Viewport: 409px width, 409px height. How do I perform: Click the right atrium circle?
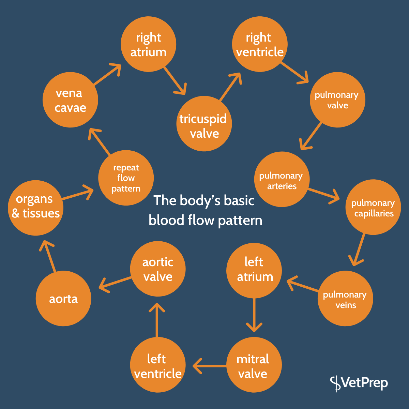tap(148, 44)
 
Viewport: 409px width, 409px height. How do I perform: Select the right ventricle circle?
tap(260, 44)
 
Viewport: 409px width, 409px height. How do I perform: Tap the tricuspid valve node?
tap(204, 123)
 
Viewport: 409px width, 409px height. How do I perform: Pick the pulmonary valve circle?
tap(337, 100)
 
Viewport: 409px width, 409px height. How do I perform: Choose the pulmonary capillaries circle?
tap(373, 207)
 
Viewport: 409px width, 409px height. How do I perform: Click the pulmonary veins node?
tap(345, 299)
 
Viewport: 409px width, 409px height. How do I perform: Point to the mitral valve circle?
tap(254, 365)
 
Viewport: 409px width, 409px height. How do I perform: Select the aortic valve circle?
tap(158, 269)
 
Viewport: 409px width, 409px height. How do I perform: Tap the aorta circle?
tap(63, 299)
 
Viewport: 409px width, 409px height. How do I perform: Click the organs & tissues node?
tap(36, 208)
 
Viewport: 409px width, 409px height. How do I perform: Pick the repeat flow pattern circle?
tap(126, 178)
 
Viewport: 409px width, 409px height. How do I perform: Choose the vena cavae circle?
tap(70, 100)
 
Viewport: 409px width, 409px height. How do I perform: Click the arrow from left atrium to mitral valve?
tap(254, 315)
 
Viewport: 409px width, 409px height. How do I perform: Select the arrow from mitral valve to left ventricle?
tap(210, 366)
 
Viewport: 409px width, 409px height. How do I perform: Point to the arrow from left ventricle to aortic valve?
tap(157, 320)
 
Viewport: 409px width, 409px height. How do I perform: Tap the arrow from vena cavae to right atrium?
tap(107, 74)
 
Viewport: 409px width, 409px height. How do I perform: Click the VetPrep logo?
tap(359, 383)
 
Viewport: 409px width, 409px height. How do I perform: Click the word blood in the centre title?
tap(166, 220)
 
